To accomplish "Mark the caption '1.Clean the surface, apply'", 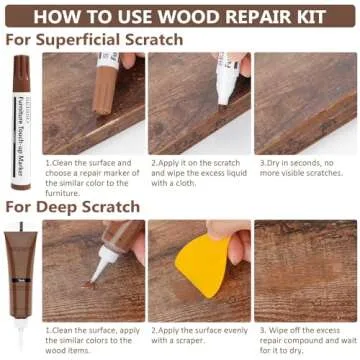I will (92, 338).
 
